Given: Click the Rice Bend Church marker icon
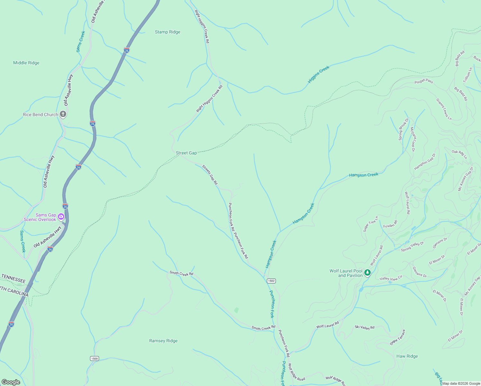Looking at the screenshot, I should tap(63, 114).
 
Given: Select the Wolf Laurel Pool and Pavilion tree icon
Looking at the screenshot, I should tap(368, 273).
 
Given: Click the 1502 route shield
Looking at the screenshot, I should tap(271, 281).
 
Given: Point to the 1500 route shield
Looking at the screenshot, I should tap(94, 358).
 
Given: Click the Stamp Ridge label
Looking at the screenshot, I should tap(168, 32).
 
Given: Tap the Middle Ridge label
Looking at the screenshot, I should tap(26, 63).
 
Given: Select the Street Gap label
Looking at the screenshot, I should tap(186, 153).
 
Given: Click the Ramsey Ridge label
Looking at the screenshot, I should tap(163, 341).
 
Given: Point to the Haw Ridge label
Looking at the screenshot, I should tap(407, 356).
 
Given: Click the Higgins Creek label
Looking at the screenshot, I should tap(319, 75).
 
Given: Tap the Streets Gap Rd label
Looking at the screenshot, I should tap(210, 175).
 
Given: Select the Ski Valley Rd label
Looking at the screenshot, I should tap(365, 327).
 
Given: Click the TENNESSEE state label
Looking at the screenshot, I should tap(13, 278).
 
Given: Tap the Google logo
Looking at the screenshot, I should tap(11, 382).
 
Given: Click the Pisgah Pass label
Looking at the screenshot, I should tap(424, 81).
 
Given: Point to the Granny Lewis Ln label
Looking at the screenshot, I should tap(444, 109).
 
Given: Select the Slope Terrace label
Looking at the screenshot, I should tap(398, 337).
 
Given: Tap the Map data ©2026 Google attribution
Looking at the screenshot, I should tap(461, 383).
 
